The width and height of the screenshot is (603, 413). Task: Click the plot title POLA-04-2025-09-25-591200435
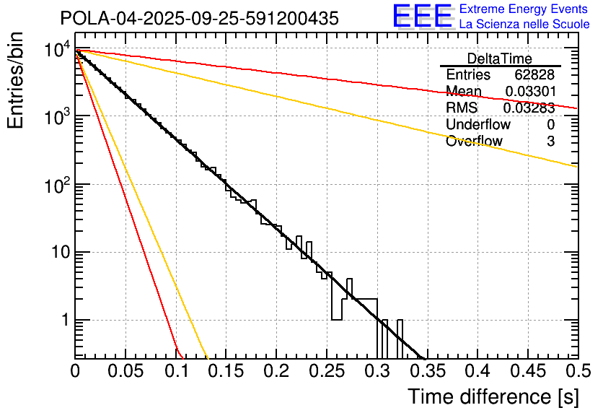tap(199, 19)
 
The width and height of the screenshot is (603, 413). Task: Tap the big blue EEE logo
tap(422, 17)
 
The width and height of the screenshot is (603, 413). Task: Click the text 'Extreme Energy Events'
tap(524, 9)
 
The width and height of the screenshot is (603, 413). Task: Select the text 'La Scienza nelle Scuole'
tap(524, 25)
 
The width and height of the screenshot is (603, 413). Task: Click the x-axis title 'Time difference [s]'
tap(492, 396)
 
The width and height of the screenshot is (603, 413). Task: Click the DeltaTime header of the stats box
tap(500, 58)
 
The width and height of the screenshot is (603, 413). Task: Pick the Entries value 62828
tap(534, 75)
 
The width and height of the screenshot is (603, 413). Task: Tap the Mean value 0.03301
tap(530, 92)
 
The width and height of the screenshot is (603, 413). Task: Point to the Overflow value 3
tap(550, 142)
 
